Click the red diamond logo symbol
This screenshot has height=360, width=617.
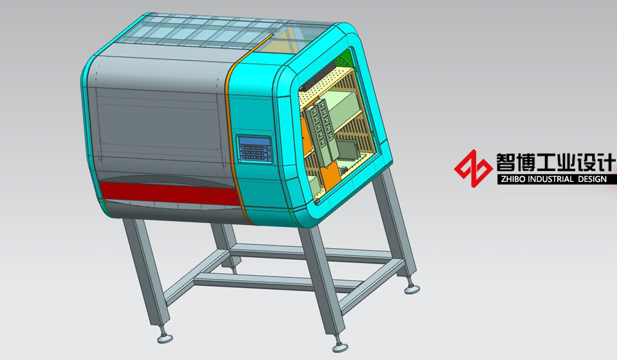click(x=473, y=168)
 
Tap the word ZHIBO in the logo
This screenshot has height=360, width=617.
click(x=513, y=179)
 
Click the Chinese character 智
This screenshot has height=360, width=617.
click(x=506, y=162)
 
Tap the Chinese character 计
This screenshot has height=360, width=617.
click(x=606, y=162)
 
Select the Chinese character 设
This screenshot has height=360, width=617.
click(x=586, y=162)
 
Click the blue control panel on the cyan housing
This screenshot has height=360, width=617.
click(x=255, y=148)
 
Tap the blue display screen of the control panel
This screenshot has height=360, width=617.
click(x=253, y=141)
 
